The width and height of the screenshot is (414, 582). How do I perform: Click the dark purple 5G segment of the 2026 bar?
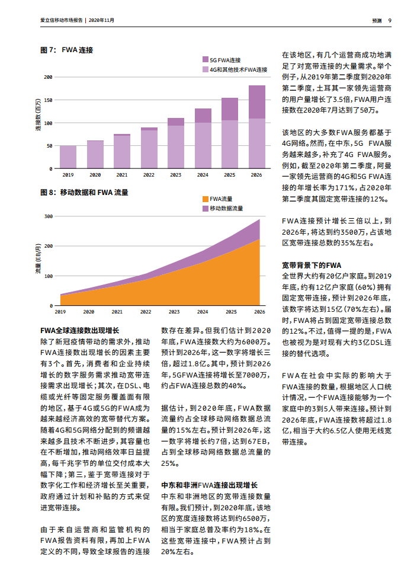coord(256,102)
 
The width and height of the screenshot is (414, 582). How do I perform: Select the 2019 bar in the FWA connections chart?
coord(68,157)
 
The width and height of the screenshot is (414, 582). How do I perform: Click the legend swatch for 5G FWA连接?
coord(205,60)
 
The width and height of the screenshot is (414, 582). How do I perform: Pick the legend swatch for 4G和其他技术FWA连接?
coord(205,69)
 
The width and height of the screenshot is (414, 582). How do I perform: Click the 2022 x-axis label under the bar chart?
coord(148,175)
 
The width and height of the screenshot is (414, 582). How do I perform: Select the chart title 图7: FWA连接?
coord(66,50)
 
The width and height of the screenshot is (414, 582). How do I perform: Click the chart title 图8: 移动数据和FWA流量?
coord(84,193)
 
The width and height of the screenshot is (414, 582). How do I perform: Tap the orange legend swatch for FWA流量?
coord(205,199)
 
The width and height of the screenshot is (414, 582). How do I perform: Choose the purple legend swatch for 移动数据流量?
coord(205,209)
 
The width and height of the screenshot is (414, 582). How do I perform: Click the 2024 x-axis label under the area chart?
coord(203,312)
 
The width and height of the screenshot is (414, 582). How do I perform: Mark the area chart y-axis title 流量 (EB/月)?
coord(38,261)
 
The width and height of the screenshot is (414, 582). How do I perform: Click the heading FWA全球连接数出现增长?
coord(80,331)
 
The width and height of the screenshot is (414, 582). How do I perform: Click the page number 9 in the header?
coord(390,20)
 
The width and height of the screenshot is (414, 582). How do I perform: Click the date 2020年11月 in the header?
coord(101,20)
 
